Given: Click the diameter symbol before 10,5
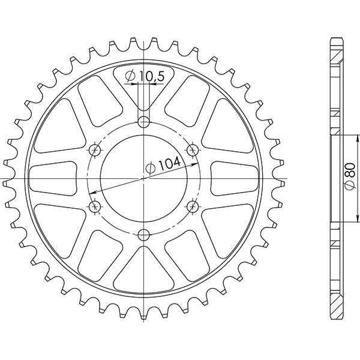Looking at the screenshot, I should pos(130,76).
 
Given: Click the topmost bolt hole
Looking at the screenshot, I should pos(143,123).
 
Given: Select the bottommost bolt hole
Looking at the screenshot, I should pos(143,235).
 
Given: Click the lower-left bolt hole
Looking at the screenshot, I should pos(94,206).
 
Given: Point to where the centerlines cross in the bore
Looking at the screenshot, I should pos(143,179).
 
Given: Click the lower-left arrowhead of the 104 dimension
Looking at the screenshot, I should pos(92,193).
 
